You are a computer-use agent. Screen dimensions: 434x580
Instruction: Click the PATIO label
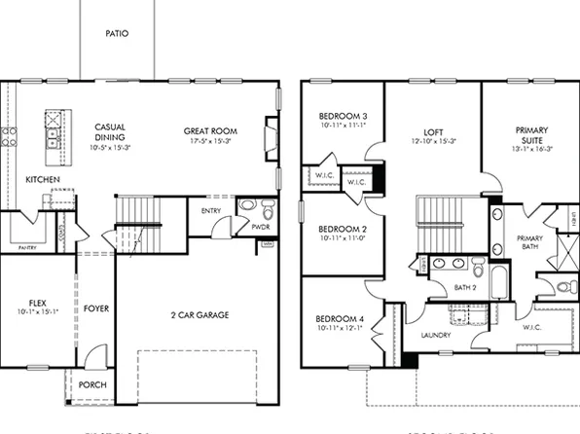[117, 33]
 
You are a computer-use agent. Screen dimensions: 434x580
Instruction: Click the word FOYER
[96, 308]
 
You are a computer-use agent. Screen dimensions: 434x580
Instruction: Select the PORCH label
[92, 384]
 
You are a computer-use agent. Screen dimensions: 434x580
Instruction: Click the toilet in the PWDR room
[246, 206]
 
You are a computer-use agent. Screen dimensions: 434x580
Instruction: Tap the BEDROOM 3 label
[341, 118]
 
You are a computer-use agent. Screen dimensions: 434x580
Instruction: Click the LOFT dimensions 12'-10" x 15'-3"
[433, 141]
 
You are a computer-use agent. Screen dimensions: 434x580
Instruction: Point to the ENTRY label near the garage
[210, 209]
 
